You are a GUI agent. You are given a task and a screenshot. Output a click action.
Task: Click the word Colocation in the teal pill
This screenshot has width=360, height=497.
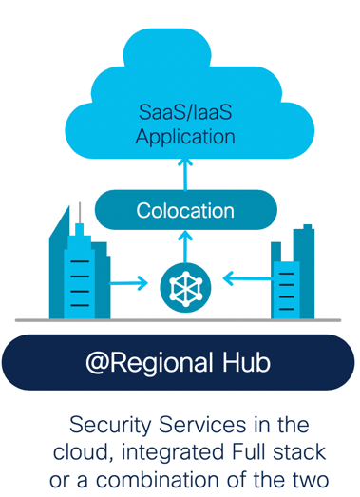pyautogui.click(x=186, y=209)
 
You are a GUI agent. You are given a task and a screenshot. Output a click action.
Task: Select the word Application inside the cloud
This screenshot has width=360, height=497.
pyautogui.click(x=185, y=136)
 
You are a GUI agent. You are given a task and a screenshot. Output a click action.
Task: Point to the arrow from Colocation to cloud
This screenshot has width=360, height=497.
pyautogui.click(x=185, y=173)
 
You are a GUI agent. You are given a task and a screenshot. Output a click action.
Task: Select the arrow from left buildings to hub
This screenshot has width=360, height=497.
pyautogui.click(x=130, y=282)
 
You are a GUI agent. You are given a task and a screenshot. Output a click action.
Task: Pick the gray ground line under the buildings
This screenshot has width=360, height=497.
pyautogui.click(x=180, y=320)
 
